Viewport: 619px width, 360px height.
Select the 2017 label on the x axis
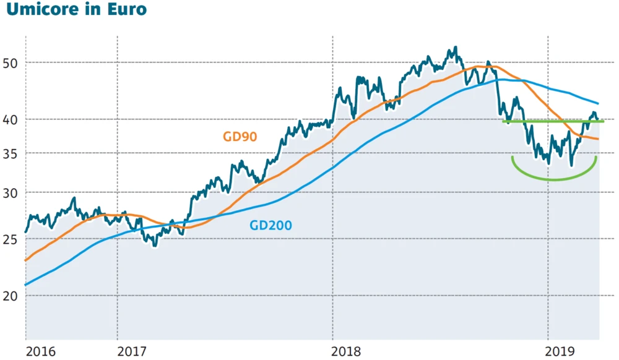tap(131, 351)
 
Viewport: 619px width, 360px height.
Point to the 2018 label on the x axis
tap(347, 351)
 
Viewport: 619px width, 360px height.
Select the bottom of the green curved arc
tap(554, 180)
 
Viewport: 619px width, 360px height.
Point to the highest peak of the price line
tap(456, 47)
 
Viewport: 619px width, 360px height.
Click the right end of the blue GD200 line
tap(599, 103)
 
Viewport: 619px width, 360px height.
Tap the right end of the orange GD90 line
tap(599, 139)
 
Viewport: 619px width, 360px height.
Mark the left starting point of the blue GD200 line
tap(25, 285)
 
